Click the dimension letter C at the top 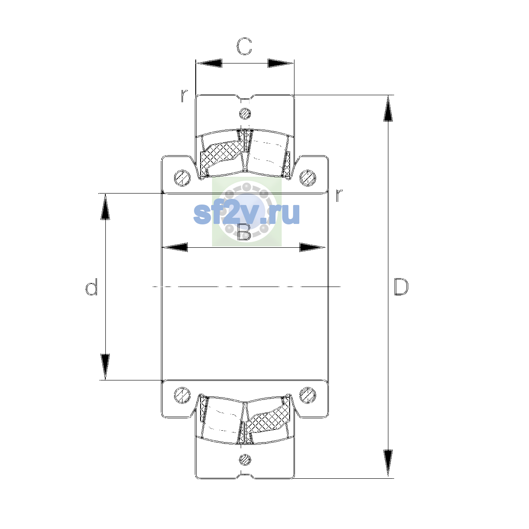click(x=244, y=46)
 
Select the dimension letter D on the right click(x=401, y=287)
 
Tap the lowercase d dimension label click(x=91, y=287)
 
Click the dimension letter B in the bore click(x=244, y=232)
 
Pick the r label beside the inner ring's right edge click(x=339, y=195)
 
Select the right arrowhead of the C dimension click(x=280, y=63)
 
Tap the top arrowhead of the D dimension click(x=388, y=108)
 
